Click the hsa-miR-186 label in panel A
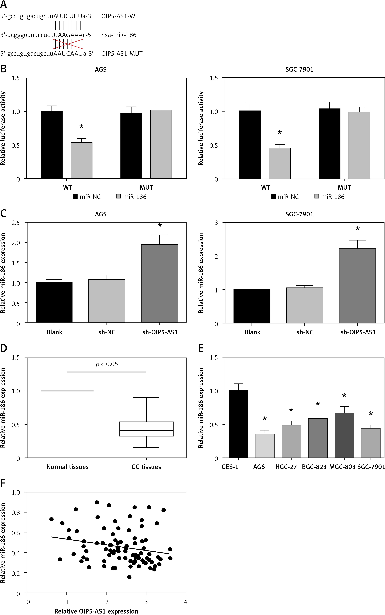tap(119, 35)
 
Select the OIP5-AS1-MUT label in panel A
tap(122, 54)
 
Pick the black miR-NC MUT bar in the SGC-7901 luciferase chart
tap(329, 144)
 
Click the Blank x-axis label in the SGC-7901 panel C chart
tap(252, 332)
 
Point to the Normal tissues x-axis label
tap(67, 467)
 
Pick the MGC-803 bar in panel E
tap(344, 435)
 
